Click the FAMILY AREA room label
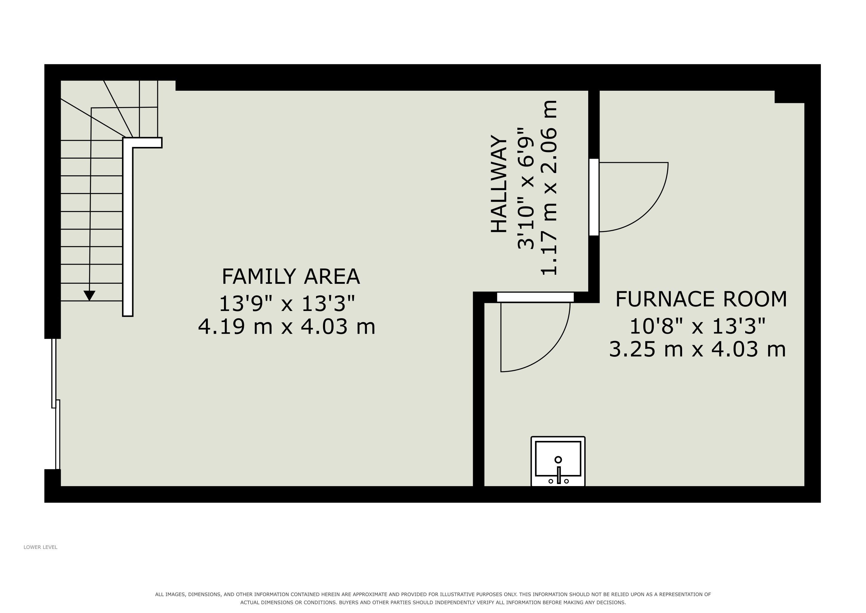tap(290, 276)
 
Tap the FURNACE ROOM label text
tap(701, 299)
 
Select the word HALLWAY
tap(499, 184)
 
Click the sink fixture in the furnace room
tap(558, 461)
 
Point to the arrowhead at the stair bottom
tap(89, 295)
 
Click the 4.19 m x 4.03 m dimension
tap(287, 327)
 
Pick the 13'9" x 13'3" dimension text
tap(287, 304)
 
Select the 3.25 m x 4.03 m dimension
tap(698, 349)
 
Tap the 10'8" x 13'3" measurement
tap(698, 326)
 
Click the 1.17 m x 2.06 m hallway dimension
tap(549, 188)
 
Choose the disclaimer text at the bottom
tap(433, 598)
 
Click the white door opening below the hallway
tap(535, 297)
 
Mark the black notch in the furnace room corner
tap(790, 97)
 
